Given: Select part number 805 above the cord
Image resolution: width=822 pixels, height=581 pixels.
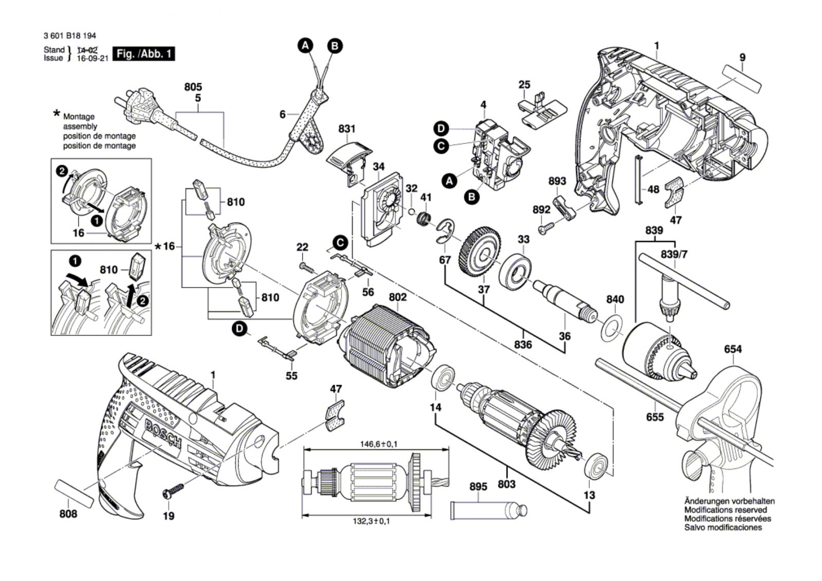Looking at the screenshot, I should (x=193, y=87).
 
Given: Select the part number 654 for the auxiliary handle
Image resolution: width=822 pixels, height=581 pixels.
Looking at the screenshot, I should (x=733, y=350).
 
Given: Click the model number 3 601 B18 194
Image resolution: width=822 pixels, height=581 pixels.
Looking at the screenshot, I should (x=70, y=36).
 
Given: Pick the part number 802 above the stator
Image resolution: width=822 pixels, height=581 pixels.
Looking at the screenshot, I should (x=398, y=297).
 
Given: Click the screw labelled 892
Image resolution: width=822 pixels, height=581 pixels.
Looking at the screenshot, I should (x=547, y=227).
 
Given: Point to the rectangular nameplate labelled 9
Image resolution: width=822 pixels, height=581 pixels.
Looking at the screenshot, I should (x=742, y=79).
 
